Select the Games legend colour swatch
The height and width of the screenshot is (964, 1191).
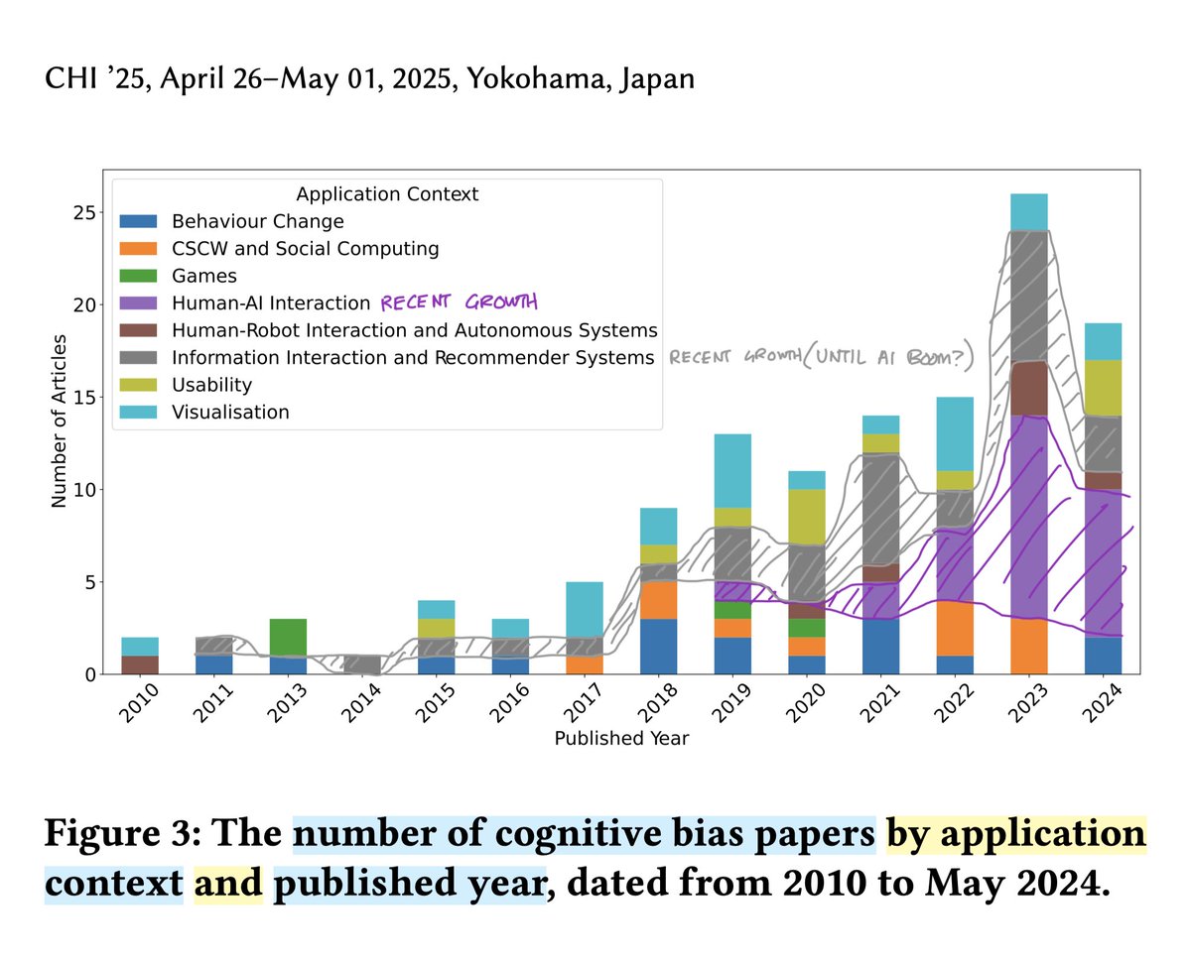(x=138, y=277)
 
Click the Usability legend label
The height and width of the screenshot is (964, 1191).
(x=211, y=385)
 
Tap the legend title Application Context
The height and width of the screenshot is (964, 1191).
(x=387, y=194)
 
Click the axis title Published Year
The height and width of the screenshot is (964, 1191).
(x=621, y=738)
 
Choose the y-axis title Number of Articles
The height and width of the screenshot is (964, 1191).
(x=60, y=422)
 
